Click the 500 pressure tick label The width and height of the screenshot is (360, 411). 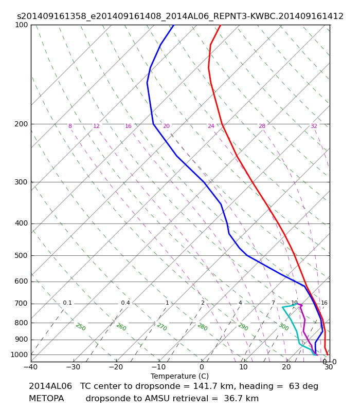21,255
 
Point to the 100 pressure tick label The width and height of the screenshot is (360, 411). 21,25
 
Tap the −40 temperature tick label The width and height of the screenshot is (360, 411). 31,367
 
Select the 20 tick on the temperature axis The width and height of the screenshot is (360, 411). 286,367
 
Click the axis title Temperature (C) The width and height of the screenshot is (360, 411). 179,376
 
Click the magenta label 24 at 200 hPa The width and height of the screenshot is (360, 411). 211,126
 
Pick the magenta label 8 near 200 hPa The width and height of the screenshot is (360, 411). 70,126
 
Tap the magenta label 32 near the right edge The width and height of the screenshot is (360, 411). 314,126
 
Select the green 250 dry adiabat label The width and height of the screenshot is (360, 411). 81,327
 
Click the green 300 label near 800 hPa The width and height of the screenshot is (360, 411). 284,327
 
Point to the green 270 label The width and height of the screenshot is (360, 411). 162,327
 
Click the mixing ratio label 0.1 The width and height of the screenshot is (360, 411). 67,303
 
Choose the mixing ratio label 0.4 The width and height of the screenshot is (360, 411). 125,303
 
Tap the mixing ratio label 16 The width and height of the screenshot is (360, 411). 325,303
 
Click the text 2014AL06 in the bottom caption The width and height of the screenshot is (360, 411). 50,386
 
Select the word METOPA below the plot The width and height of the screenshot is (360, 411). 46,399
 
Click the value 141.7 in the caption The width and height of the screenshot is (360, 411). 204,386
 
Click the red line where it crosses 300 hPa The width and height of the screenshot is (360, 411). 253,182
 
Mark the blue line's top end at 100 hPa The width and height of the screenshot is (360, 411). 174,25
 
